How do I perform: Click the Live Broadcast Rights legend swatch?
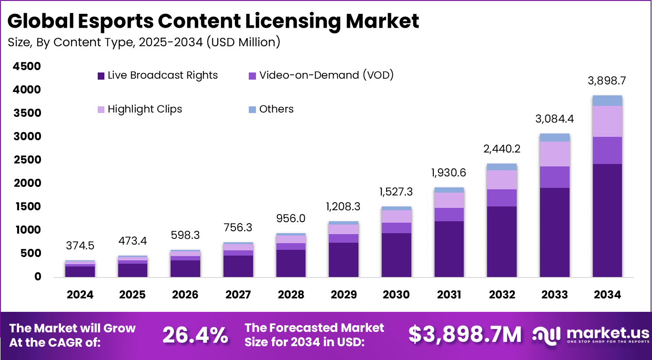[101, 76]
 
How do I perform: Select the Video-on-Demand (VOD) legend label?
[326, 75]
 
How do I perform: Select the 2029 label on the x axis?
[343, 295]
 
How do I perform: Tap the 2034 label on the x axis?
[607, 295]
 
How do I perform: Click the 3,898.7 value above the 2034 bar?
[607, 81]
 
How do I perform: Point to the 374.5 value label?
[80, 246]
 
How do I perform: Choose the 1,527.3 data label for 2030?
[396, 192]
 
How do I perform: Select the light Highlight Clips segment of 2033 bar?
[554, 154]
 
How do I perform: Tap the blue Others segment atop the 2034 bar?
[607, 100]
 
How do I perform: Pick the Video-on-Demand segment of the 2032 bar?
[502, 198]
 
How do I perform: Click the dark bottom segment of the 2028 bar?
[291, 263]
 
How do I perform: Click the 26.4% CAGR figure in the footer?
[195, 335]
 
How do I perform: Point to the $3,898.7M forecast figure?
[465, 335]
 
